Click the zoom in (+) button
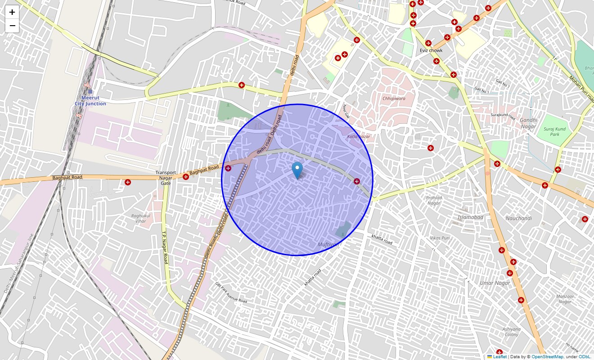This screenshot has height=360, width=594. click(12, 12)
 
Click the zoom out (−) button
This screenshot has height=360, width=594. click(12, 26)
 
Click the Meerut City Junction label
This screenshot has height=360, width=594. click(90, 100)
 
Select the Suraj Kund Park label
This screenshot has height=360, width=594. click(554, 131)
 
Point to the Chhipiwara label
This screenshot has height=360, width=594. click(394, 98)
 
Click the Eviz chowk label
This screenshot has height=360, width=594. click(431, 50)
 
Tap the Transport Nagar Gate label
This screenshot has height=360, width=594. click(166, 178)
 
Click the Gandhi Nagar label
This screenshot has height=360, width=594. click(528, 123)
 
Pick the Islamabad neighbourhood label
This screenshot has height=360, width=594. click(470, 217)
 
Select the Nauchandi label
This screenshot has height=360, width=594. click(518, 218)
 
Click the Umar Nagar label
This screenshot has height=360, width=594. click(495, 283)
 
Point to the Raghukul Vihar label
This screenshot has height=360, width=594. click(139, 218)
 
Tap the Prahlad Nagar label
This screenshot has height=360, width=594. click(434, 200)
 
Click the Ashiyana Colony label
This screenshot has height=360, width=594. click(512, 332)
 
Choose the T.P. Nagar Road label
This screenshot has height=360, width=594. click(165, 247)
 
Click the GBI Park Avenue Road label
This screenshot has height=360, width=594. click(231, 292)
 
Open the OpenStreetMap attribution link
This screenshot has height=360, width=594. click(547, 357)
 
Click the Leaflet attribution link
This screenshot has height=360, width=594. click(499, 357)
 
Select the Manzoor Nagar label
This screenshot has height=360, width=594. click(565, 299)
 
